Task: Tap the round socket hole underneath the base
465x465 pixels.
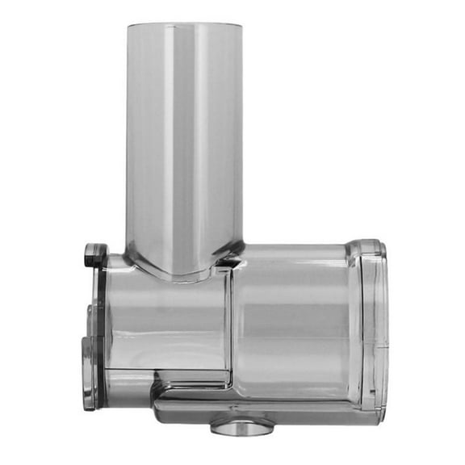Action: tap(243, 423)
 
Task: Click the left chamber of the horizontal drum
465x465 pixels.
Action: tap(165, 323)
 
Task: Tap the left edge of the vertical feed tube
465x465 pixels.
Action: tap(128, 137)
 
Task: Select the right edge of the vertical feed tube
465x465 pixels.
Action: tap(241, 137)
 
